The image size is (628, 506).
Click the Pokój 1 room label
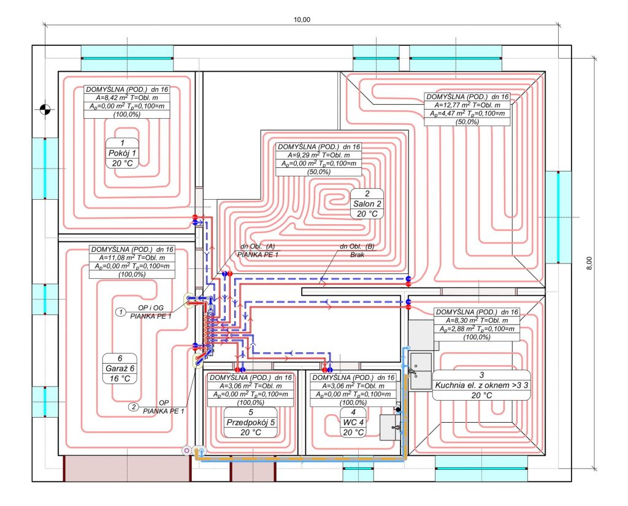[122, 153]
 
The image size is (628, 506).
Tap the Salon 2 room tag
[367, 203]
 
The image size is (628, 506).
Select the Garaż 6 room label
[120, 368]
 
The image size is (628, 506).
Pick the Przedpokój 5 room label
[251, 423]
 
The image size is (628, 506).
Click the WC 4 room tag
[353, 423]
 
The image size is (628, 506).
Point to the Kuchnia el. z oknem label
[481, 385]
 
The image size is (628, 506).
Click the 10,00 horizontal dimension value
[302, 20]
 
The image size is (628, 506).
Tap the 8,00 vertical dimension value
[589, 263]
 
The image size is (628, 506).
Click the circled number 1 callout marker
[121, 312]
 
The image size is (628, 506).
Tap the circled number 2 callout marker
[133, 407]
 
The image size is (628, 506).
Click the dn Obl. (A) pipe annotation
[258, 246]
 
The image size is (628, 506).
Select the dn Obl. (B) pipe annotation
[357, 246]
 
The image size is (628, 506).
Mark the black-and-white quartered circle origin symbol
[45, 108]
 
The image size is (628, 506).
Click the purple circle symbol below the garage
[186, 450]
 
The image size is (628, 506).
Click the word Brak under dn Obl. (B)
[357, 255]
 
